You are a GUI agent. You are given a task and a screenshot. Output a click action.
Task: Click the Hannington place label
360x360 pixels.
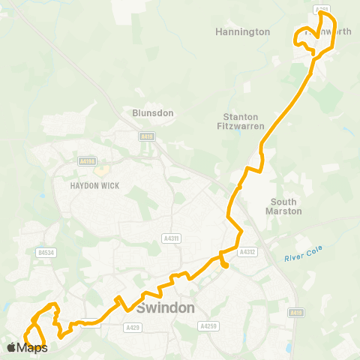coord(242,32)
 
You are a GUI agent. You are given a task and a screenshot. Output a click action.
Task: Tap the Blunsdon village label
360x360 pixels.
coord(153,112)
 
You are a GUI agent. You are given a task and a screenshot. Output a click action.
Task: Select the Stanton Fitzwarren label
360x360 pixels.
coord(241,122)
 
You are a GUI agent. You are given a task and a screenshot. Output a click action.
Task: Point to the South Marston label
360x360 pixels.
coord(284,206)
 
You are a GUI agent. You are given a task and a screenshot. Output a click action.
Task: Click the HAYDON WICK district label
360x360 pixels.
coord(91,185)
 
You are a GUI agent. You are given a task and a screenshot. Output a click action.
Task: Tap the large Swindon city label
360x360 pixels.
coord(166,308)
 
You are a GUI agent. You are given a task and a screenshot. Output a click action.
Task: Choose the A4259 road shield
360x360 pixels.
coord(208,326)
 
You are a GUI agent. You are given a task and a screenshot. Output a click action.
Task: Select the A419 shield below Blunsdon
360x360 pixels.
coord(146,136)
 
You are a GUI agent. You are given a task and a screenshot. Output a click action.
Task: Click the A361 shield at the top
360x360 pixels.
coord(322,10)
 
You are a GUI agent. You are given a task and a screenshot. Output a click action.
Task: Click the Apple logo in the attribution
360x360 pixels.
coord(12,347)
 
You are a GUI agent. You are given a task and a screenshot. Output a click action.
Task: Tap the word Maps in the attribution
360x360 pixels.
coord(32,347)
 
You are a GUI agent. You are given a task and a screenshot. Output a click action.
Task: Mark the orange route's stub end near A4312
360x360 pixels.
coord(224,264)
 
